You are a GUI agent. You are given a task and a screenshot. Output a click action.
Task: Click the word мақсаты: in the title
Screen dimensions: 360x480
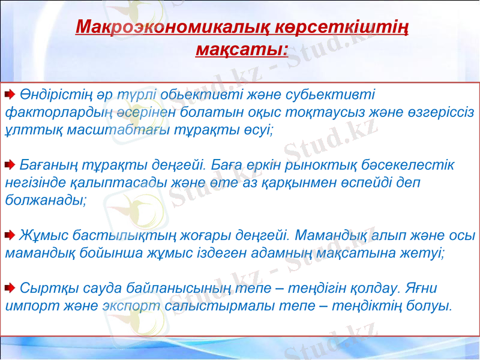[242, 49]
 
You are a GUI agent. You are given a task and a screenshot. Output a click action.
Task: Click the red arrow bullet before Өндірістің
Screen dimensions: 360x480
[11, 95]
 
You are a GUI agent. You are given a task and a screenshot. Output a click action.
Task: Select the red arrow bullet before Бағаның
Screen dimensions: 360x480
[11, 164]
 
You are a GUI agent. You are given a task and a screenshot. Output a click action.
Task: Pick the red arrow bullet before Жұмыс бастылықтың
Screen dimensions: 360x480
[11, 235]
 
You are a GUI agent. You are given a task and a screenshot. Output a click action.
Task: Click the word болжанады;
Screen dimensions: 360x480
[46, 199]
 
